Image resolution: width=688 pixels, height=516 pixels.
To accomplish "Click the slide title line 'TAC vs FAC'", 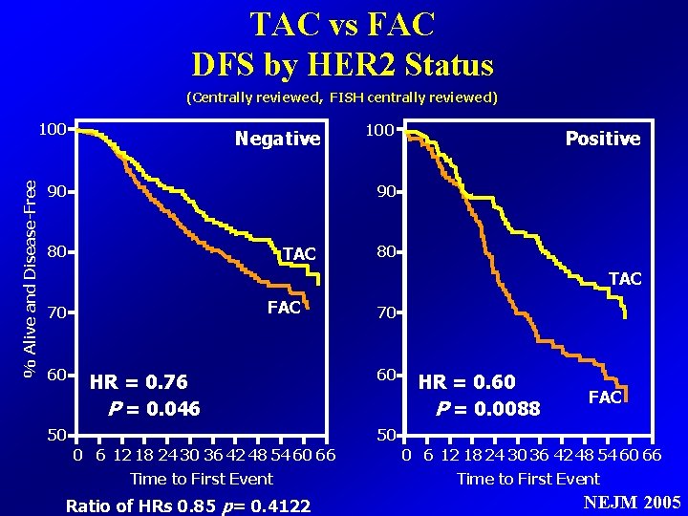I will [x=343, y=24].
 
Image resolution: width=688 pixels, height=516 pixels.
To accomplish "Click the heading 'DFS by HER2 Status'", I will [x=343, y=65].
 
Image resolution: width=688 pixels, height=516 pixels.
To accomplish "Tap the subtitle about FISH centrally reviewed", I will [x=342, y=97].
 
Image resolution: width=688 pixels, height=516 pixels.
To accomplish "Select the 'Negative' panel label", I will [x=277, y=140].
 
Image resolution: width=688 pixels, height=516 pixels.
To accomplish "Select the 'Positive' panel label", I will [x=602, y=139].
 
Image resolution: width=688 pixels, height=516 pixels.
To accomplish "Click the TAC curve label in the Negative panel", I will [x=299, y=253].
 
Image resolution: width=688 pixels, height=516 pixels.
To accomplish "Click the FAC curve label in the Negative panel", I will [x=284, y=308].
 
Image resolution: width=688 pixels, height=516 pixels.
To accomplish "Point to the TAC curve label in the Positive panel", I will [x=625, y=279].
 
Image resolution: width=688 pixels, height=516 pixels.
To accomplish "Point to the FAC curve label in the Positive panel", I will [x=605, y=397].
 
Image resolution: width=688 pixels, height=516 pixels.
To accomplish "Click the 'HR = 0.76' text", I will [x=139, y=383].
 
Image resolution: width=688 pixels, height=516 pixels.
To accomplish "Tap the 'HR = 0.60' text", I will [x=467, y=383].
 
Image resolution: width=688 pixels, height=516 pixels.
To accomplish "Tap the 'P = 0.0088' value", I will [x=487, y=409].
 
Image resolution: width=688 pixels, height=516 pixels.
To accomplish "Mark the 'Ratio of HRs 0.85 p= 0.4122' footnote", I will [x=187, y=504].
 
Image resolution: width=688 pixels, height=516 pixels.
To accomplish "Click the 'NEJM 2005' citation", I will [x=631, y=503].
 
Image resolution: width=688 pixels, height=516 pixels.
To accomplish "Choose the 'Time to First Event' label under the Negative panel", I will [x=202, y=479].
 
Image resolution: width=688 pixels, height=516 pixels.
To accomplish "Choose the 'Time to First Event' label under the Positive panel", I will [x=528, y=479].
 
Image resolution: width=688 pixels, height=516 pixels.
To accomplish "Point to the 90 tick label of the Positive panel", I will [x=386, y=192].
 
